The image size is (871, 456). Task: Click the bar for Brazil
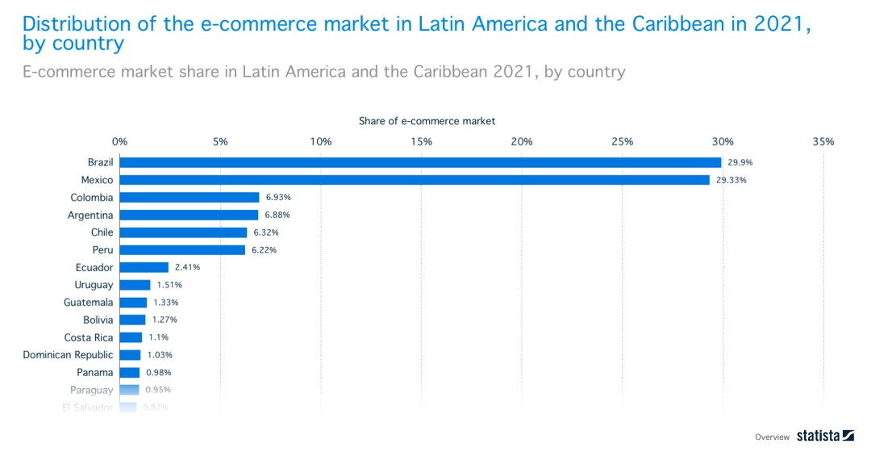[420, 162]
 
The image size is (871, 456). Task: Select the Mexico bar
[415, 180]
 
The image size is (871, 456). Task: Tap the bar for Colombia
[190, 198]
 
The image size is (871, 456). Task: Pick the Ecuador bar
[144, 267]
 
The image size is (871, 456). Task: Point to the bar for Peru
[182, 250]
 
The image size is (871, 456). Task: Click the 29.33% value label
[731, 180]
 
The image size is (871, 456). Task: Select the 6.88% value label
[277, 215]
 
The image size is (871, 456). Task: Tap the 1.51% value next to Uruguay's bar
[169, 285]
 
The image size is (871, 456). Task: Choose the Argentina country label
[90, 215]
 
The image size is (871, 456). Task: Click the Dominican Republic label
[68, 355]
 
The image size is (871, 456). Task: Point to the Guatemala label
[89, 303]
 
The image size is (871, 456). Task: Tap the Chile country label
[102, 232]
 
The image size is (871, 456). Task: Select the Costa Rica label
[89, 337]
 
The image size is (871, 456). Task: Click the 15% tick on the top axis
[421, 142]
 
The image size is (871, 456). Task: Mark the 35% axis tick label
[823, 142]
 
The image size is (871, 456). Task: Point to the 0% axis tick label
[120, 142]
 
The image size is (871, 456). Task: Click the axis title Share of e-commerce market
[427, 121]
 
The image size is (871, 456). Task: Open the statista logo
[825, 436]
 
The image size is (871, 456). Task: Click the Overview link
[772, 437]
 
